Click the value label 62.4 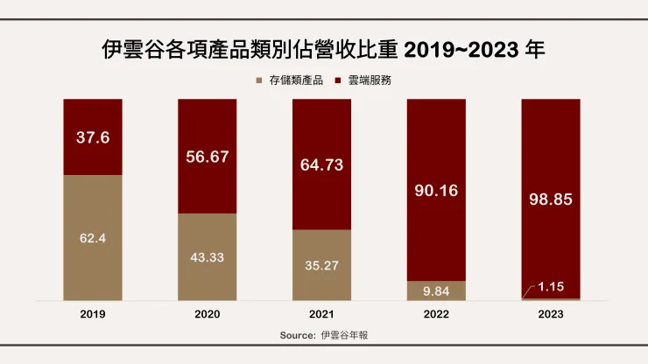coord(93,236)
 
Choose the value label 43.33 coord(208,256)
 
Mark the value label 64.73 coord(321,163)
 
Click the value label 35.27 coord(321,263)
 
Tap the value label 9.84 coord(436,290)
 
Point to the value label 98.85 coord(550,199)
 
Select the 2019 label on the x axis coord(93,313)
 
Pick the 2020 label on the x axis coord(208,313)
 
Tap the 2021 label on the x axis coord(321,313)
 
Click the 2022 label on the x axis coord(436,313)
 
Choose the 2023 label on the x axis coord(550,313)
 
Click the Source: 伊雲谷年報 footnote coord(324,335)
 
